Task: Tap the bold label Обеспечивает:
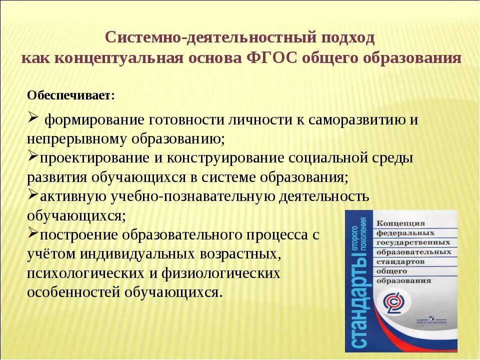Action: (x=70, y=95)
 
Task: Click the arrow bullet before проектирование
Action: (x=32, y=156)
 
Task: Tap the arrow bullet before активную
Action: (x=32, y=194)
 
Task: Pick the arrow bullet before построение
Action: (x=32, y=232)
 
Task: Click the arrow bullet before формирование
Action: (x=32, y=118)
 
